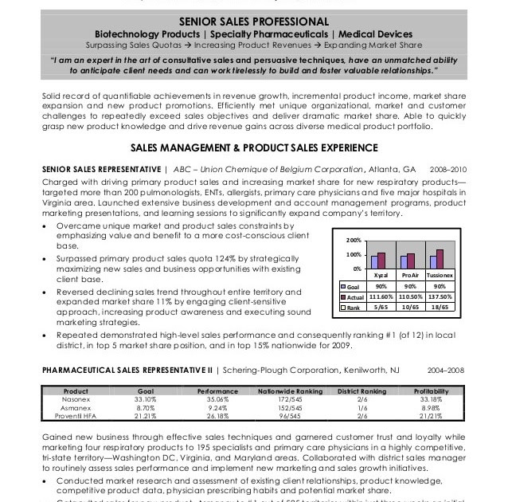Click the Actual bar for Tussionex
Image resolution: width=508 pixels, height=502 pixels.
[x=440, y=259]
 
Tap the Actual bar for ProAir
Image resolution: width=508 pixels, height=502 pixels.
[x=411, y=261]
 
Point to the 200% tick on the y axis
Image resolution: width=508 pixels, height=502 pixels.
[x=354, y=240]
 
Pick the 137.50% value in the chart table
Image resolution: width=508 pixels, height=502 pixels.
[x=439, y=296]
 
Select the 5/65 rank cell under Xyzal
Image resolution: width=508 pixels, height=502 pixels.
[x=381, y=307]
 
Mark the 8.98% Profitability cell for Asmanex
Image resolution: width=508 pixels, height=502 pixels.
[x=431, y=407]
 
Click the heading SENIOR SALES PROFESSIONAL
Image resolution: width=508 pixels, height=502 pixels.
[x=253, y=21]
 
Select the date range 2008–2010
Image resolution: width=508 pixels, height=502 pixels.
[x=448, y=170]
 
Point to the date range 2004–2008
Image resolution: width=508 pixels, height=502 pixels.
[x=448, y=371]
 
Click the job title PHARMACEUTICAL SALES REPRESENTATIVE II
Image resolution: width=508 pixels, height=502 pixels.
[x=127, y=371]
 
